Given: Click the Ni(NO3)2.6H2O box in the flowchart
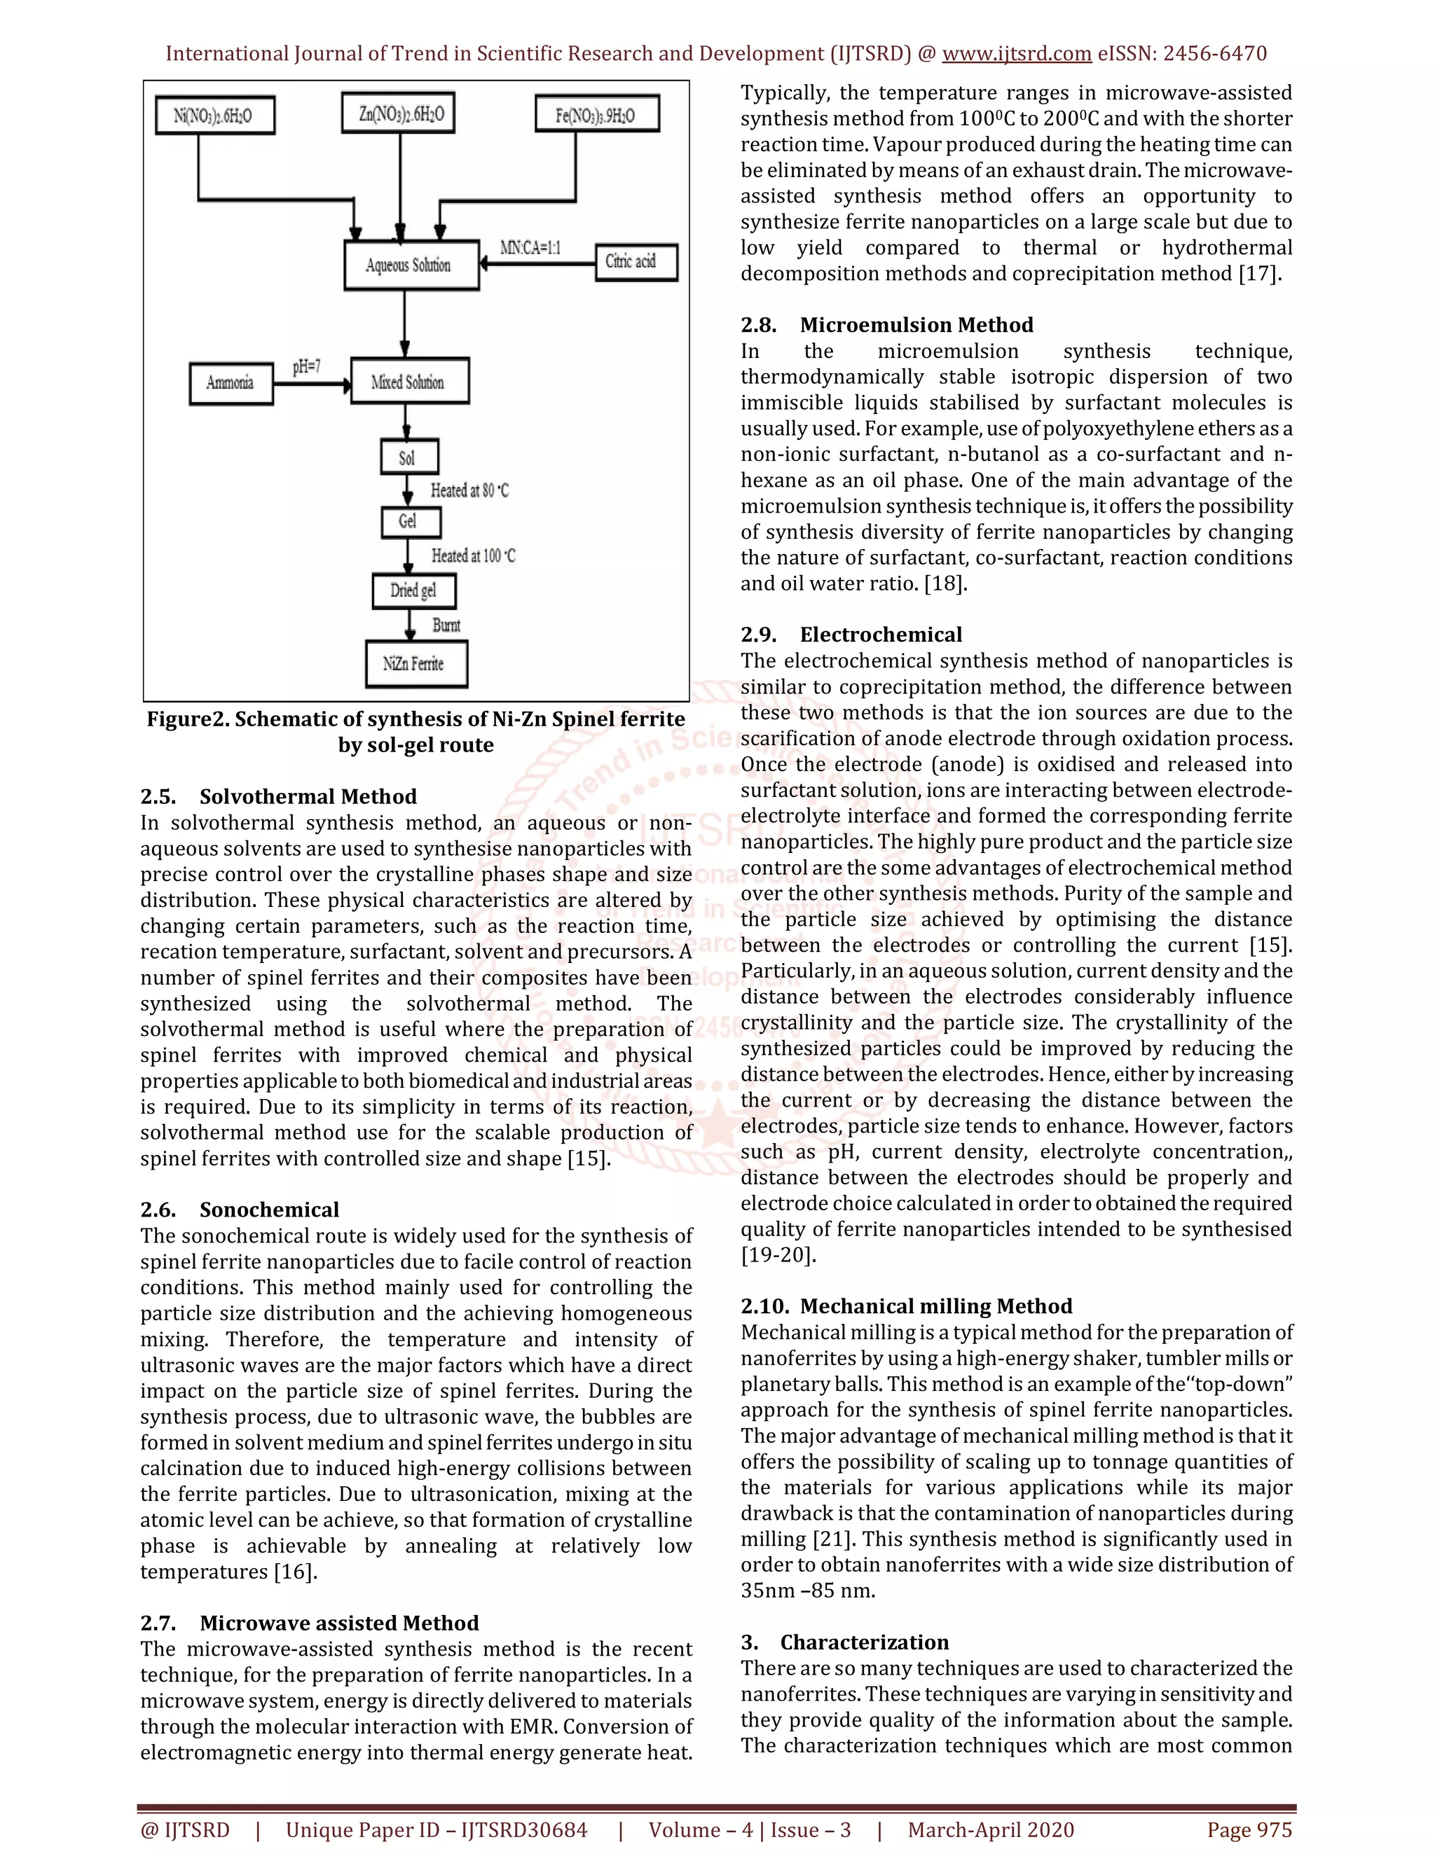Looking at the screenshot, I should pyautogui.click(x=214, y=116).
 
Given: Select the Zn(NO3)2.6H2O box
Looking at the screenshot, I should pyautogui.click(x=398, y=113).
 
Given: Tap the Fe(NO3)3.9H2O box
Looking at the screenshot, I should pyautogui.click(x=597, y=115).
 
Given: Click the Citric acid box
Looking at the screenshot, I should pyautogui.click(x=636, y=262).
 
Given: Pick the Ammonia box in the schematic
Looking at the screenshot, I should pyautogui.click(x=231, y=382).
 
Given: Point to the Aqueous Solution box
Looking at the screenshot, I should pyautogui.click(x=411, y=265).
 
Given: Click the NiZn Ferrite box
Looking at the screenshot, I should pyautogui.click(x=416, y=664).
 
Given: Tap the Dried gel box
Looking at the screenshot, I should pyautogui.click(x=414, y=590).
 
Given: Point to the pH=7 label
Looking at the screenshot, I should pyautogui.click(x=307, y=367).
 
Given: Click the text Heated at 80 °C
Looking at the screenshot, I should pyautogui.click(x=469, y=490).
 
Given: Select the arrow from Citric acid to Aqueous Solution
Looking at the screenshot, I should pyautogui.click(x=537, y=263).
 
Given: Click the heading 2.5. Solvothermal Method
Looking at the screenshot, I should pyautogui.click(x=278, y=796).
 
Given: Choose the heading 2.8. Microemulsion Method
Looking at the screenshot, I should pyautogui.click(x=886, y=325).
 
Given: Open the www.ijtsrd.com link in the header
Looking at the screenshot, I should pyautogui.click(x=1016, y=53).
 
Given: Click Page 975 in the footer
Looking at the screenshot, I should pyautogui.click(x=1249, y=1829).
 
